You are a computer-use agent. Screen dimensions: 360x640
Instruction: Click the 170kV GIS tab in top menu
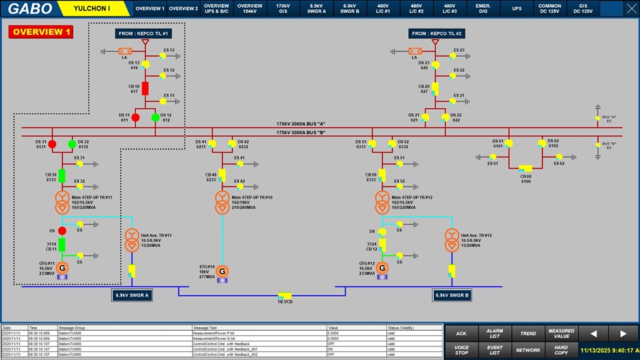(x=283, y=9)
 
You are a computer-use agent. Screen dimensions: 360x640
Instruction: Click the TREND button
(x=528, y=333)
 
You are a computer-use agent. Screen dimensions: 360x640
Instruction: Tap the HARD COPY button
(x=561, y=349)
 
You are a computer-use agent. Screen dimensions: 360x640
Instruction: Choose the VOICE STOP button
(x=461, y=349)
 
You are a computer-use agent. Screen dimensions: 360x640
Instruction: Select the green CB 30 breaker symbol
(x=61, y=175)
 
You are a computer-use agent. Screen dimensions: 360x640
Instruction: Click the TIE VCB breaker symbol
(x=285, y=295)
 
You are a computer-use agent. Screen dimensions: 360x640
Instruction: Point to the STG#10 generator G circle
(x=222, y=271)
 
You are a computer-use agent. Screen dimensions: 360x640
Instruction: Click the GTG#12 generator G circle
(x=383, y=268)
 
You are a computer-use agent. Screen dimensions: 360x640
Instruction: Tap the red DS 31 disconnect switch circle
(x=52, y=144)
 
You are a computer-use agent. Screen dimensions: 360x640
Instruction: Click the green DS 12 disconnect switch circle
(x=155, y=117)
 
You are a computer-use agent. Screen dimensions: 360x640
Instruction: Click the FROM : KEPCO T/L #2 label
(x=437, y=33)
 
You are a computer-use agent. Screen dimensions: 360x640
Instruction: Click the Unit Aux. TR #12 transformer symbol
(x=450, y=240)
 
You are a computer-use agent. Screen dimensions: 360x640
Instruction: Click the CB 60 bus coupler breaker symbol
(x=526, y=168)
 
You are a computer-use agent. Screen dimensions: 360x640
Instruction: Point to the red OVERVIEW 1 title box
(x=41, y=32)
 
